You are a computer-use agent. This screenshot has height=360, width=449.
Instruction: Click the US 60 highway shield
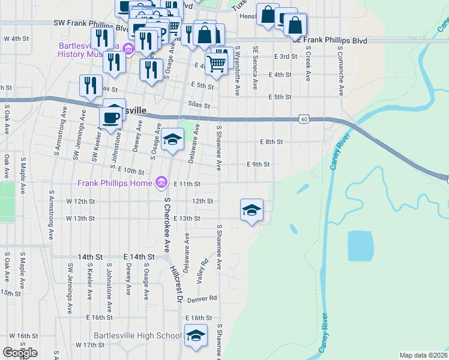305,120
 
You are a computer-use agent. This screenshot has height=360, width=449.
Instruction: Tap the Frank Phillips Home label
115,182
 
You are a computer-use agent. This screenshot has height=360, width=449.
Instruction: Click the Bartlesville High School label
137,335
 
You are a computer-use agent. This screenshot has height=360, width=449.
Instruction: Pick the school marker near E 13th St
252,211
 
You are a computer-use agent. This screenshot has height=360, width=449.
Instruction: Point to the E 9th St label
258,164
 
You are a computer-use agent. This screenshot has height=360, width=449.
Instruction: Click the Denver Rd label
202,299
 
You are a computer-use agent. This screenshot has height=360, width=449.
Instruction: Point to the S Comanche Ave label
341,71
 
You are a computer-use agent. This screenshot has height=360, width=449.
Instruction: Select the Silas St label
199,105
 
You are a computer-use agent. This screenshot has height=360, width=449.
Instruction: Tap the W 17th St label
90,345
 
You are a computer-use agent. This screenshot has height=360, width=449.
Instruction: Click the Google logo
20,353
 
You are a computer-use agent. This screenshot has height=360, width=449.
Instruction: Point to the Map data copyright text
423,355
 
